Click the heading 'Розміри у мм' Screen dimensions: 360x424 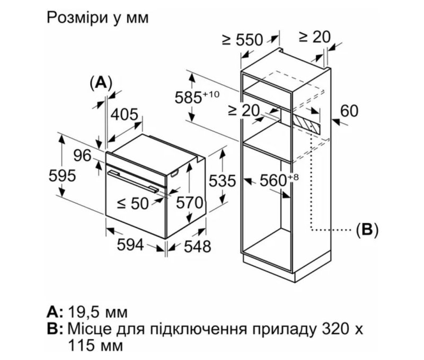point(98,17)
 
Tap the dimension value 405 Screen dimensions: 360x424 point(125,114)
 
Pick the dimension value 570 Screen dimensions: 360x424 point(190,202)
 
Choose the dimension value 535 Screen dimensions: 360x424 point(220,181)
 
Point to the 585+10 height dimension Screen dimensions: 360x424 point(197,97)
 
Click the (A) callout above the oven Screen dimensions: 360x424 point(101,83)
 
